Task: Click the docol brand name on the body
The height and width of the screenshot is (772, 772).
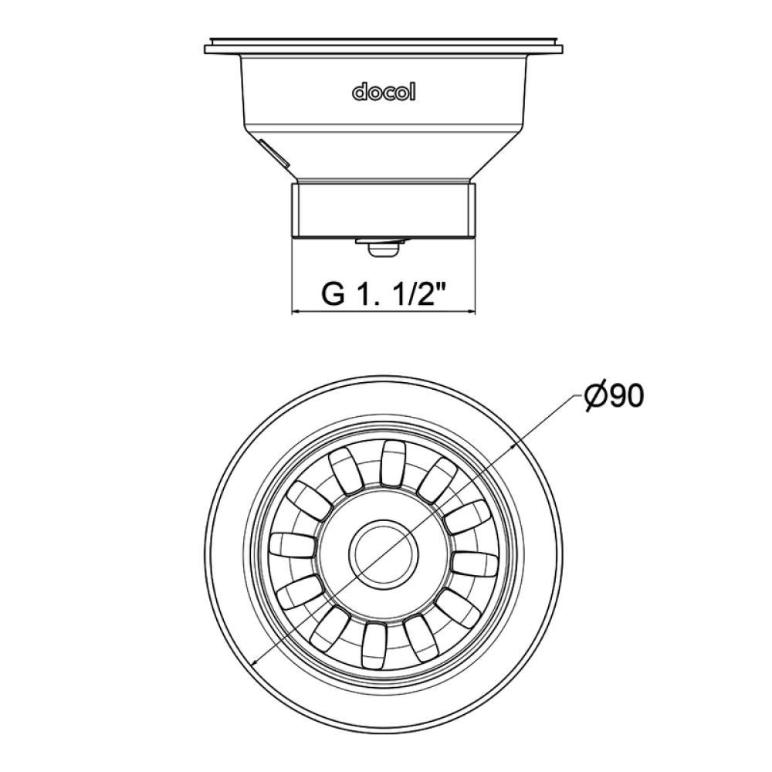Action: [x=384, y=92]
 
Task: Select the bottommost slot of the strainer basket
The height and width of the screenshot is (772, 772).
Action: [x=374, y=645]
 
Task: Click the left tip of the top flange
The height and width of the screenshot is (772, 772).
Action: [x=206, y=51]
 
